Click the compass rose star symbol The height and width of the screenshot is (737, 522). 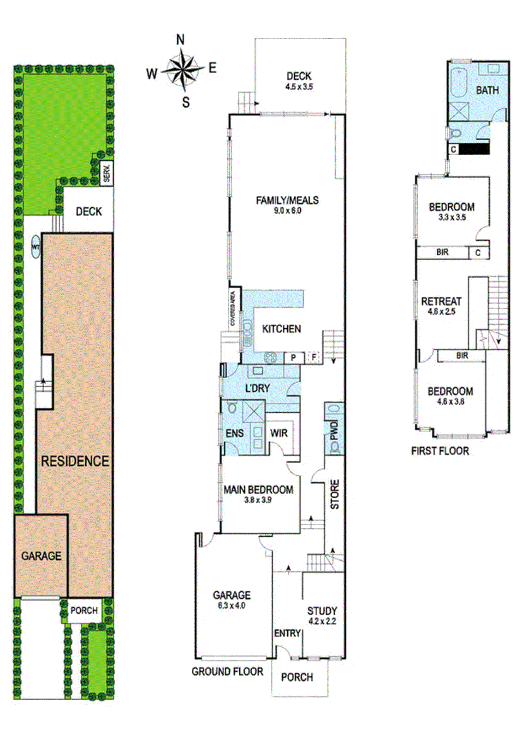[184, 70]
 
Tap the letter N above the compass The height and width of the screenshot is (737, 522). [180, 40]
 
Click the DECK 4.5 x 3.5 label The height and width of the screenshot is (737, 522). [299, 81]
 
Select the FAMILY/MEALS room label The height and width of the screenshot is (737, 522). [287, 205]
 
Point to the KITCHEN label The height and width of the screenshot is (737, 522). [281, 329]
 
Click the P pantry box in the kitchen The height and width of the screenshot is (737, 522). [293, 357]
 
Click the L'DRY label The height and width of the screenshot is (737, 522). [257, 388]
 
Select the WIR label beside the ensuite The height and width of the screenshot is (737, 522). [279, 433]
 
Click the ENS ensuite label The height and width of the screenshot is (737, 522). [234, 433]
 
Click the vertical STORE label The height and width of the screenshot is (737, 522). [335, 494]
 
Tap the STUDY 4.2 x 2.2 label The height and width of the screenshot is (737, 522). [322, 615]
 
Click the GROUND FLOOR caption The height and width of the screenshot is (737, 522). [227, 672]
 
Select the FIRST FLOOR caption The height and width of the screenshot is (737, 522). [439, 451]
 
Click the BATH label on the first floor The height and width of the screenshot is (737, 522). [487, 90]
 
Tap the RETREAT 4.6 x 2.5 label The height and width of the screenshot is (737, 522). [441, 305]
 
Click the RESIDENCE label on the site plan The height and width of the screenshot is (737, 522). [75, 461]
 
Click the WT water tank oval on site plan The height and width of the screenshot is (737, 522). [36, 247]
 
